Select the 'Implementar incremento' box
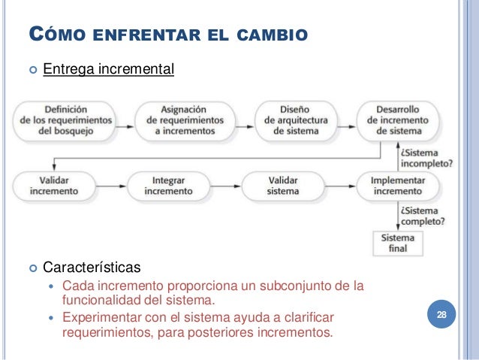coord(398,186)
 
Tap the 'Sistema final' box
coord(398,243)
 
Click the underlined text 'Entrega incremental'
coord(108,71)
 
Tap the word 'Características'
coord(91,267)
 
